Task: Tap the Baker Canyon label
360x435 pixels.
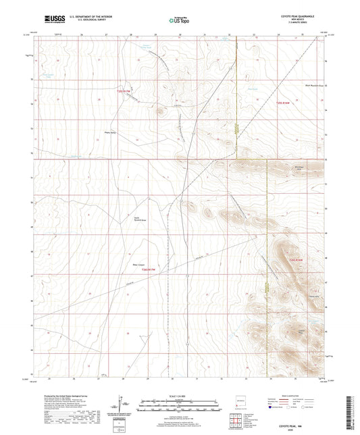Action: click(135, 257)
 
